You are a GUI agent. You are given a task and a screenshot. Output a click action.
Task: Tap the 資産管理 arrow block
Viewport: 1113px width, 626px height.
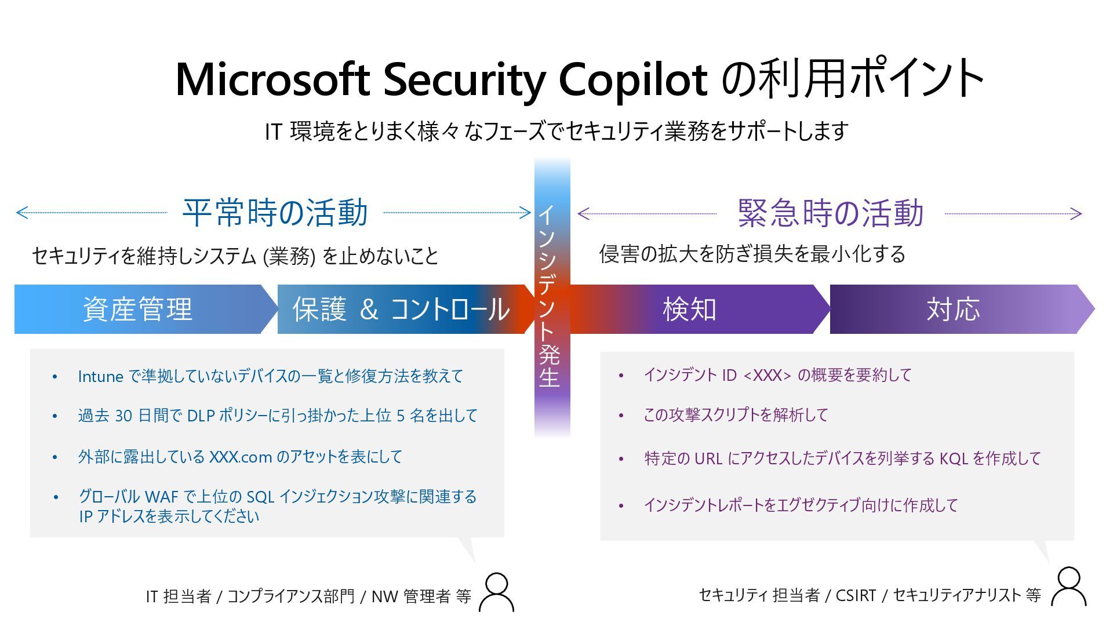[138, 309]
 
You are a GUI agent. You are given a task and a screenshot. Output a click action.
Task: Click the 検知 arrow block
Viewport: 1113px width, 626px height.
[690, 309]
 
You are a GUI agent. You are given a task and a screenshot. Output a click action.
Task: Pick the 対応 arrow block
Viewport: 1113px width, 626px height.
[954, 309]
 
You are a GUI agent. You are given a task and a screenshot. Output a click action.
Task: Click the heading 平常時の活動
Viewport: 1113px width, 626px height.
[275, 212]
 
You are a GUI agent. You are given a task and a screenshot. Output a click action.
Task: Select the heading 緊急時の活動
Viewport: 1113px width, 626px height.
[830, 213]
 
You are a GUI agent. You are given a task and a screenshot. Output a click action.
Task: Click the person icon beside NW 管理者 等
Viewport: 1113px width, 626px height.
[497, 592]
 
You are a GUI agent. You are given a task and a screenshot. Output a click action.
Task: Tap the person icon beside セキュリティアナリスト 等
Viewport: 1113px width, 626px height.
[1068, 587]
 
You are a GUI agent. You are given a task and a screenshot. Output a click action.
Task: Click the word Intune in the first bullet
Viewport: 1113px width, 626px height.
[100, 377]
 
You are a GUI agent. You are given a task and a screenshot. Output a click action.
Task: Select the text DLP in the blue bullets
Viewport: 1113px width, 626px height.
[201, 416]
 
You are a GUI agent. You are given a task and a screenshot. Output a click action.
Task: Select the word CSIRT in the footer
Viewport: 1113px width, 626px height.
[856, 595]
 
